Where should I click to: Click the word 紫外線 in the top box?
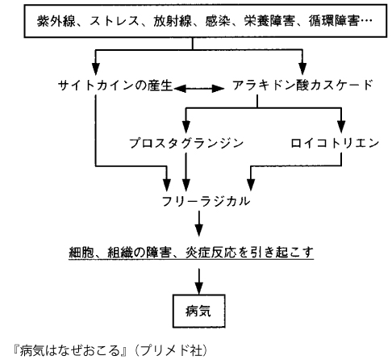coord(56,21)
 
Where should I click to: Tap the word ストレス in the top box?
coord(114,21)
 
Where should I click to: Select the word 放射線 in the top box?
coord(173,21)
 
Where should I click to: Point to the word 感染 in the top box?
coord(218,21)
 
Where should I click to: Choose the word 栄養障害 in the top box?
coord(269,21)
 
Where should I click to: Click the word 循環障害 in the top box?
coord(334,21)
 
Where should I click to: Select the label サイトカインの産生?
coord(115,86)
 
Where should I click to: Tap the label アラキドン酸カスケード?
coord(302,86)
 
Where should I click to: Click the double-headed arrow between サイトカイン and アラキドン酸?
coord(199,88)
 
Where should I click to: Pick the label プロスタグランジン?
coord(186,143)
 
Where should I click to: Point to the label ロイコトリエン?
coord(335,143)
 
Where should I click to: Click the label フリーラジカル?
coord(206,201)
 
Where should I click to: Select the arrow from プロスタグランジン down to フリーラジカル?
coord(186,172)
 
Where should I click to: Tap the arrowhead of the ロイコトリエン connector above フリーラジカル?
coord(251,185)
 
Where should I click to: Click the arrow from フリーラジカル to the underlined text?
coord(199,224)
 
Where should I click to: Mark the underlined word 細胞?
coord(81,252)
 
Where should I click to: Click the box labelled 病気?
coord(198,311)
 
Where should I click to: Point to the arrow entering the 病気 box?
coord(199,282)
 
